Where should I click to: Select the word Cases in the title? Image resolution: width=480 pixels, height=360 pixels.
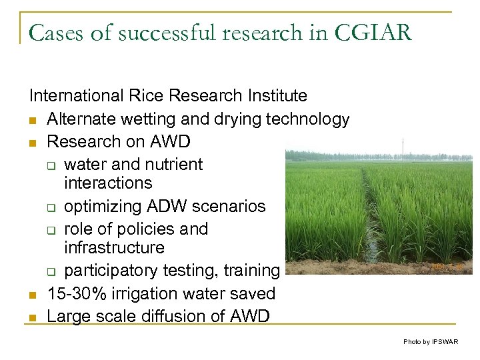(x=53, y=33)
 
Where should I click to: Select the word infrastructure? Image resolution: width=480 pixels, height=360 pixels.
(x=114, y=247)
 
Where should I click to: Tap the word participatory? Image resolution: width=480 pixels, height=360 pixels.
(x=117, y=271)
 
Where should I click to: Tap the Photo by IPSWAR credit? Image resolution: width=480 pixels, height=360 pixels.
(x=431, y=341)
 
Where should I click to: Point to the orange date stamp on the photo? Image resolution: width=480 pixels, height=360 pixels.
(x=443, y=266)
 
